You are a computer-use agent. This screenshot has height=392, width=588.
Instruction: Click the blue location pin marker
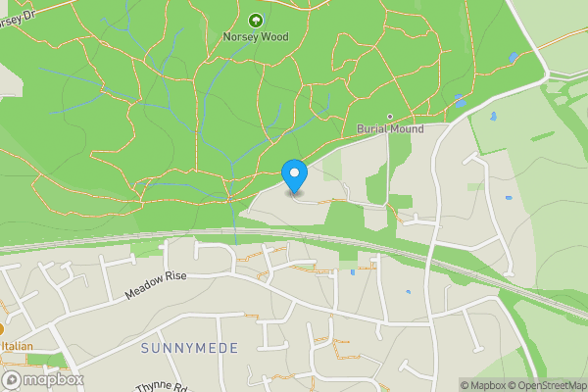click(294, 175)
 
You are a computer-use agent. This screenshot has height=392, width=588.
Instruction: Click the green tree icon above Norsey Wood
click(256, 20)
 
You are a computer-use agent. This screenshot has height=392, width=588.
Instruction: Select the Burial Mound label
click(389, 128)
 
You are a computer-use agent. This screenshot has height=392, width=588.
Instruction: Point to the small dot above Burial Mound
click(389, 117)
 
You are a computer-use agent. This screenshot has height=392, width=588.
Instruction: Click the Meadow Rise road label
click(156, 286)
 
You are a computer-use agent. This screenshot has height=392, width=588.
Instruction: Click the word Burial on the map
click(372, 128)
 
